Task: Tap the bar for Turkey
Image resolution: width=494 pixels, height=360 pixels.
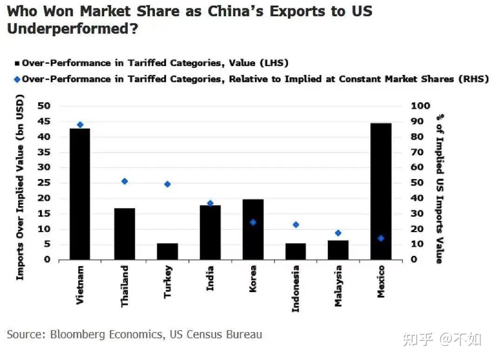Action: pyautogui.click(x=167, y=251)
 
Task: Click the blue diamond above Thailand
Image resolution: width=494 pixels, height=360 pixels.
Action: pyautogui.click(x=124, y=181)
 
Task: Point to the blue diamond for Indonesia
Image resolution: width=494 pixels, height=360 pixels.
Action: pyautogui.click(x=296, y=225)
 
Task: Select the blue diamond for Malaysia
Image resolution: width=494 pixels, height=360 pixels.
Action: pyautogui.click(x=338, y=233)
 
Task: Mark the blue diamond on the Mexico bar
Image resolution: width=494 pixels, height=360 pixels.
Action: pyautogui.click(x=381, y=238)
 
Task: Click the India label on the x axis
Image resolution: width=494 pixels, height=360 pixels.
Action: pyautogui.click(x=210, y=278)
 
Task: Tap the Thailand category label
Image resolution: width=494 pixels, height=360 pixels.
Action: pyautogui.click(x=124, y=286)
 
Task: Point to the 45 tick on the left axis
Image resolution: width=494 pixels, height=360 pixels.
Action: pyautogui.click(x=44, y=121)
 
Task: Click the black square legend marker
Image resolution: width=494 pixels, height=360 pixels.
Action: pyautogui.click(x=17, y=63)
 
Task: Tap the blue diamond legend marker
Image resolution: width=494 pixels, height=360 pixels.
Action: pyautogui.click(x=17, y=79)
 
